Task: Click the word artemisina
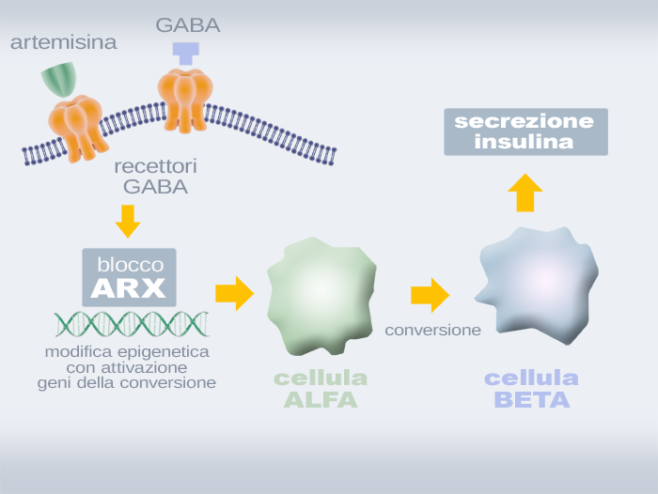click(x=64, y=43)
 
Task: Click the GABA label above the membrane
click(x=188, y=25)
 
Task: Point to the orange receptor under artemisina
click(x=78, y=121)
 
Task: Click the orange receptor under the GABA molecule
click(x=182, y=99)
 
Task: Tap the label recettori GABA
click(x=155, y=177)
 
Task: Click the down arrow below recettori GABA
click(x=128, y=220)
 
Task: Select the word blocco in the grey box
click(x=129, y=264)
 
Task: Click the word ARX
click(x=129, y=287)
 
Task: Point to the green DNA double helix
click(x=131, y=324)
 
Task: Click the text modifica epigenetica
click(x=127, y=352)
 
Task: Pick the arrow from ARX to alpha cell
click(x=234, y=293)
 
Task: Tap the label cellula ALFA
click(x=321, y=389)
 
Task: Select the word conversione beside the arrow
click(x=432, y=330)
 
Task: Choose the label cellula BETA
click(x=531, y=389)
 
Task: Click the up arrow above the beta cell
click(x=525, y=193)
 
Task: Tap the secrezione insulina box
click(x=525, y=131)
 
